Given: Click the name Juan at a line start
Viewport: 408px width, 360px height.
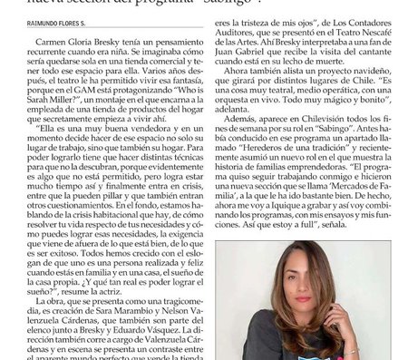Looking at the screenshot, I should coord(228,67).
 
